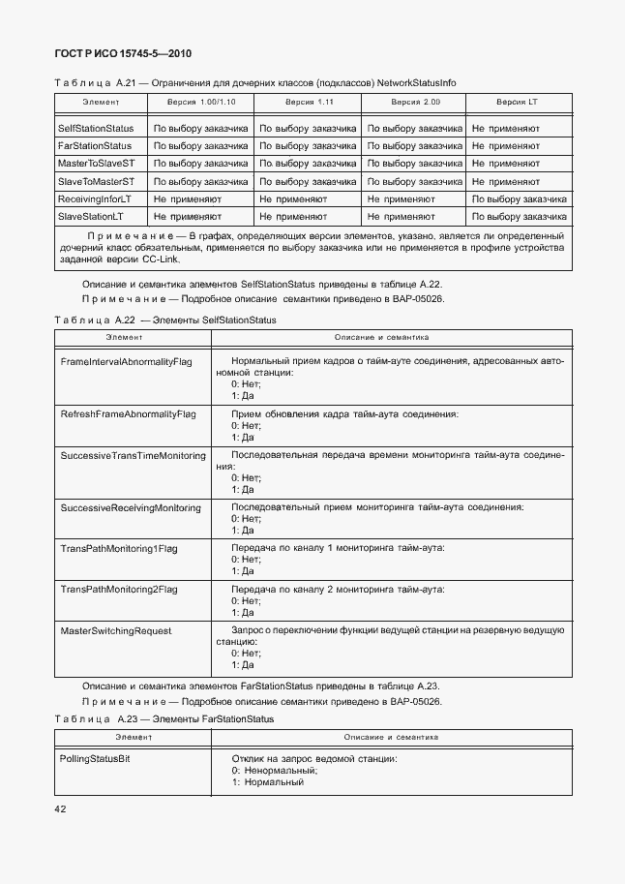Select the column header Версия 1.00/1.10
pos(201,102)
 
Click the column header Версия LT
pos(518,102)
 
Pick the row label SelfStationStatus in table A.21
pos(96,128)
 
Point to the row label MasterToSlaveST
pos(96,163)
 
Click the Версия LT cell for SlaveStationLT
pos(519,216)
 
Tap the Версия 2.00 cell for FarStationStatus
pos(414,145)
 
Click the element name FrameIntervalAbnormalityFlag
pos(126,361)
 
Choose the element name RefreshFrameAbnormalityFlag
pos(128,413)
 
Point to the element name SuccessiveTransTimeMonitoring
pos(133,455)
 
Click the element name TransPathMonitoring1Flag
pos(119,548)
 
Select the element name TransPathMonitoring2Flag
pos(119,589)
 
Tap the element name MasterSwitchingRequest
pos(116,630)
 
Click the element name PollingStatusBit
pos(95,758)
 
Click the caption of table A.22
pos(164,320)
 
